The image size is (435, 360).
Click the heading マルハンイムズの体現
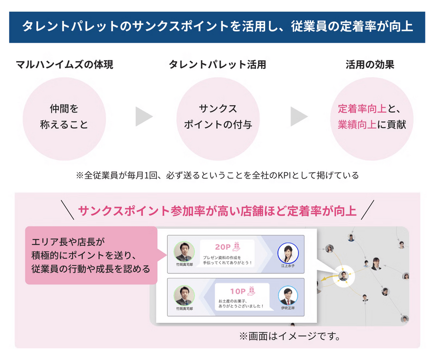point(64,65)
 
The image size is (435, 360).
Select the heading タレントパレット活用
point(217,65)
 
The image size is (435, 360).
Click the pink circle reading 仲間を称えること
point(64,117)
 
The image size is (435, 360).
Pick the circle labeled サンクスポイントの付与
point(217,117)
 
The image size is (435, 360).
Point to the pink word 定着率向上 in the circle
point(362,109)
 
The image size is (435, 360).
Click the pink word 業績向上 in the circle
point(357,125)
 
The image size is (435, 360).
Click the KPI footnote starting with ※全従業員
point(217,175)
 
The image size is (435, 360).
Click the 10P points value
point(237,290)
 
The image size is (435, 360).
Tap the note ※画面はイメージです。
point(290,336)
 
